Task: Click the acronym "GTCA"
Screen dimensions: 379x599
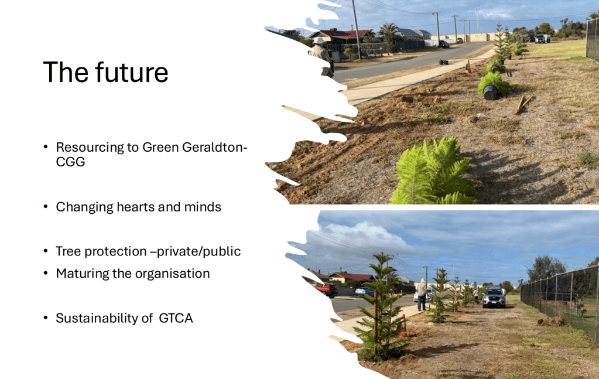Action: coord(176,318)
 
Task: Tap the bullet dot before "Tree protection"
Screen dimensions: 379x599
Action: coord(46,251)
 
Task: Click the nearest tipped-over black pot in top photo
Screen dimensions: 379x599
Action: coord(490,92)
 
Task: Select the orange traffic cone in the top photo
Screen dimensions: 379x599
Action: coord(468,67)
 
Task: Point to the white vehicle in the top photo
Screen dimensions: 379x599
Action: coord(542,38)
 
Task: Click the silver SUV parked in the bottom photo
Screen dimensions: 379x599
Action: coord(494,297)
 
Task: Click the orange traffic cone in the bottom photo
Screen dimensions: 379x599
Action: coord(403,327)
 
